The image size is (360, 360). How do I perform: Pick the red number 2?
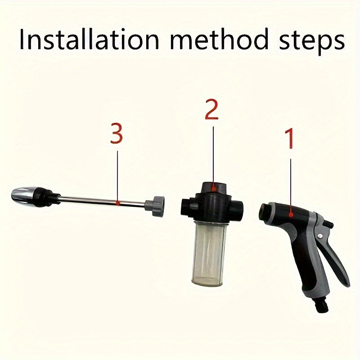211,110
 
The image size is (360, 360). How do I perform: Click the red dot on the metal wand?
117,203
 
